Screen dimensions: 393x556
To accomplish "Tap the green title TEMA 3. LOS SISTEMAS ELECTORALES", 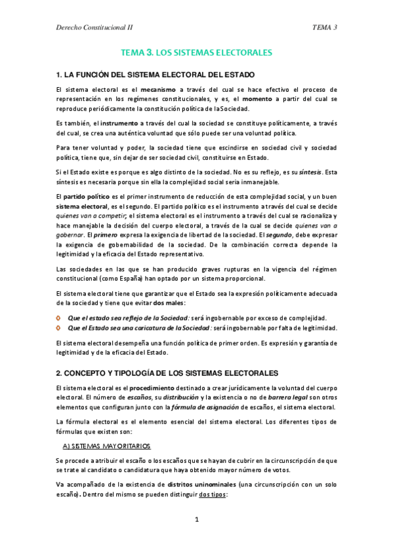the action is coord(196,52).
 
